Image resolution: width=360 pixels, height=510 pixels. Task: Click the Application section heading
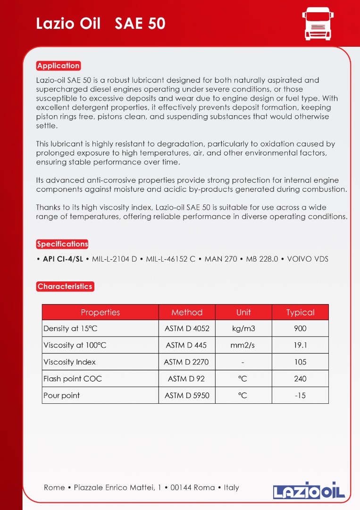coord(59,66)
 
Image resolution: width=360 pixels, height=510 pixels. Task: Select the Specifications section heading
coord(62,244)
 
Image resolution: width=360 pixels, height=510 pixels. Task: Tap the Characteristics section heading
coord(65,286)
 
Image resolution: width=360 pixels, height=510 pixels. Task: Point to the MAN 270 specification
coord(221,259)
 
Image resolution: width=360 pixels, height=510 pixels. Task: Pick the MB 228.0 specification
coord(262,259)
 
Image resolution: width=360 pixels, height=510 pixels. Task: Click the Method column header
coord(187,312)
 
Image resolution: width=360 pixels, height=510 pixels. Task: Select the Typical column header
coord(300,312)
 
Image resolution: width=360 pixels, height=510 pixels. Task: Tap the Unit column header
coord(243,312)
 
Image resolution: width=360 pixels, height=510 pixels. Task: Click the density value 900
coord(300,329)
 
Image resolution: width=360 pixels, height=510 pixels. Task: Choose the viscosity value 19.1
coord(300,345)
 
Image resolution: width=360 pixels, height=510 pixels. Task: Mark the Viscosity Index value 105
coord(300,362)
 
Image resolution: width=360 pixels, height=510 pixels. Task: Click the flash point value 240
coord(300,379)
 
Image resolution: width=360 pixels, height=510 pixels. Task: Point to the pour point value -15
coord(300,395)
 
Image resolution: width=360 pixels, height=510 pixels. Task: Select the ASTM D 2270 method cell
coord(186,362)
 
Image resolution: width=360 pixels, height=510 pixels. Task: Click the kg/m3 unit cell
coord(243,329)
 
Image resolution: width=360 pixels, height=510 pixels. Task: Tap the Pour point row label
coord(62,395)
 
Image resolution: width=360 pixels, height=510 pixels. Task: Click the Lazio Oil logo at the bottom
coord(309,490)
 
